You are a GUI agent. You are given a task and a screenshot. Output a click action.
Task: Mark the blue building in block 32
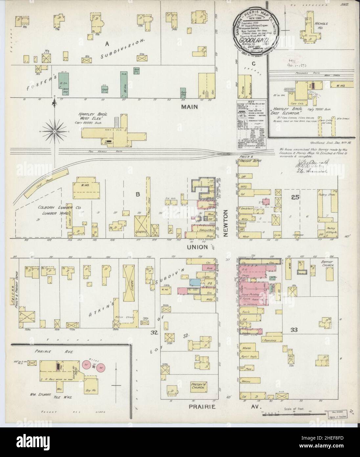click(x=194, y=282)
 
